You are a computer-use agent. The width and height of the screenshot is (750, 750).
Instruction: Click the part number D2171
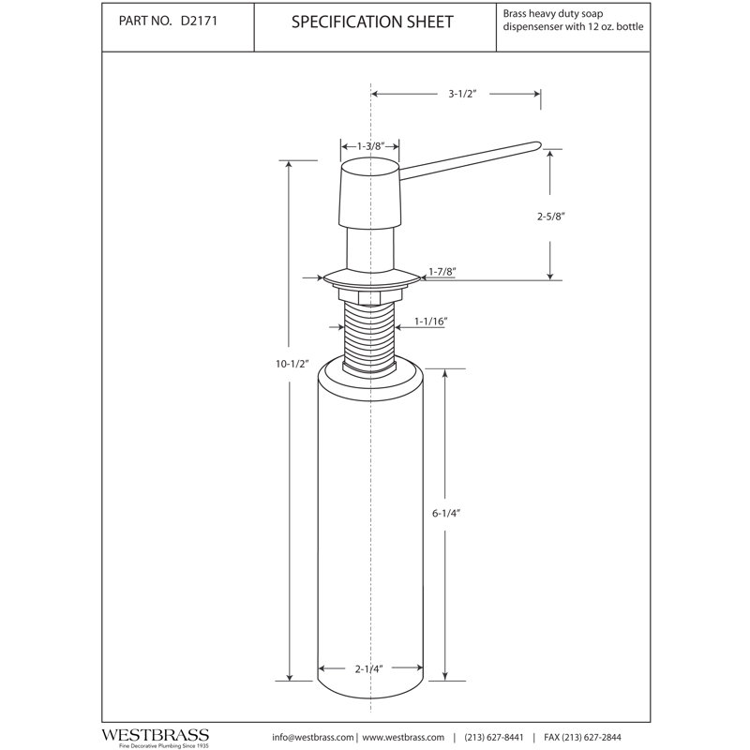click(x=199, y=21)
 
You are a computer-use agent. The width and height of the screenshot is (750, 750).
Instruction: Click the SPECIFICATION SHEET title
click(x=372, y=22)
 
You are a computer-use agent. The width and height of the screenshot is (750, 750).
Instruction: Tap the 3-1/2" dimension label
click(x=462, y=94)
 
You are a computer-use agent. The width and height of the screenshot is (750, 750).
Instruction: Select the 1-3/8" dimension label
click(x=371, y=146)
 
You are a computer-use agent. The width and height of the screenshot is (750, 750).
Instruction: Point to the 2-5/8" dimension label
click(x=551, y=217)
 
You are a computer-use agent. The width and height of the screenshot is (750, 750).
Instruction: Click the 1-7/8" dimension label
click(x=442, y=272)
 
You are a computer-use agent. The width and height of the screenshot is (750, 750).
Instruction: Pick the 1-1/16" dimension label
click(x=430, y=322)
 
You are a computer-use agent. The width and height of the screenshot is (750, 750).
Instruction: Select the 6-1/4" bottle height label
click(x=446, y=513)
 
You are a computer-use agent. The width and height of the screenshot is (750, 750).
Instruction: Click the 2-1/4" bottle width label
click(x=369, y=668)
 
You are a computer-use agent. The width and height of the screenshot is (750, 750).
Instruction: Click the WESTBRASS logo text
click(x=155, y=735)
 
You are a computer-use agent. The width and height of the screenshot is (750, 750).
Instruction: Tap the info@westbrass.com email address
click(x=313, y=738)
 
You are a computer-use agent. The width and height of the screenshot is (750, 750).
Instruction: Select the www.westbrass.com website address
click(x=403, y=738)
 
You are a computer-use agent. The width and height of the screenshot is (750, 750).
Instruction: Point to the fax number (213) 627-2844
click(x=582, y=738)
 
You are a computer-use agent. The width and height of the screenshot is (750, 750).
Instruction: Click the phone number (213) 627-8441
click(x=494, y=738)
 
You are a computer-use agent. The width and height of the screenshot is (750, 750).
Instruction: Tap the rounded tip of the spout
click(x=537, y=144)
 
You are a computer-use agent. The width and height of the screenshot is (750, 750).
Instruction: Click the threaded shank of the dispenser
click(x=369, y=335)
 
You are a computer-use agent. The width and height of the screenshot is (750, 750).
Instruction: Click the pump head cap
click(x=368, y=193)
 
